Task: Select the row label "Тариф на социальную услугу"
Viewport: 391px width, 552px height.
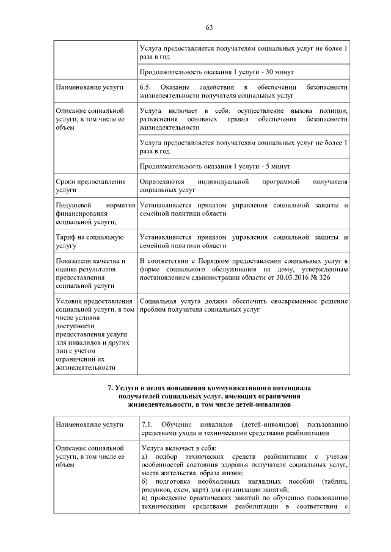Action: tap(81, 242)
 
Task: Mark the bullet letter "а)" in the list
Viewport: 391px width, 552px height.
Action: tap(144, 457)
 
